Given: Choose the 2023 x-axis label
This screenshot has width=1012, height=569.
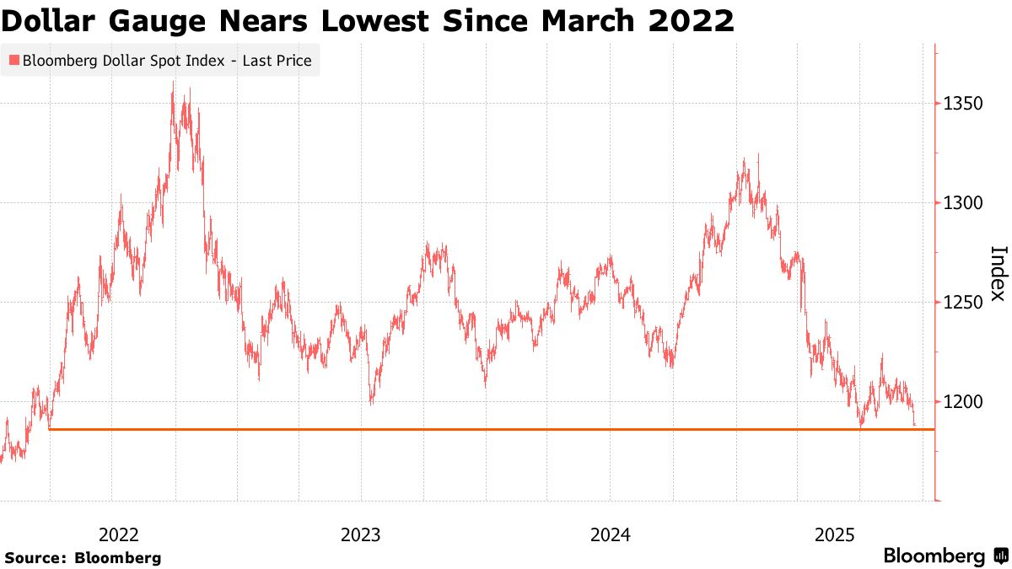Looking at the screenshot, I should point(361,534).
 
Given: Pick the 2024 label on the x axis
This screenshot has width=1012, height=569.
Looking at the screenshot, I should point(610,534).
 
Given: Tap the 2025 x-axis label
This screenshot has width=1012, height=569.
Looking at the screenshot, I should point(835,534).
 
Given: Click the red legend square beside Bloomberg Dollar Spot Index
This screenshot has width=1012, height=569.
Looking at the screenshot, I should point(13,61).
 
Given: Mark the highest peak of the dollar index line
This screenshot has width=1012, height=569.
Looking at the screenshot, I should point(173,82).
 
